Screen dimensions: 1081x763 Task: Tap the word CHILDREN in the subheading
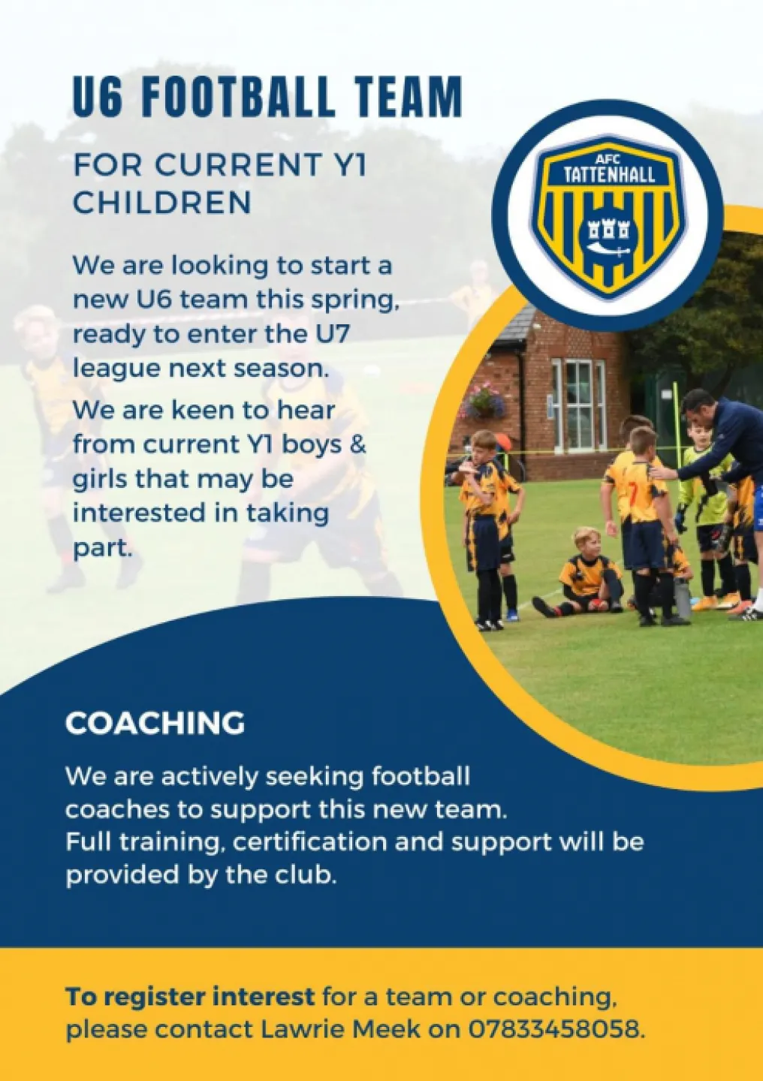(162, 203)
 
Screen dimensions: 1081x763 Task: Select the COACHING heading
(155, 724)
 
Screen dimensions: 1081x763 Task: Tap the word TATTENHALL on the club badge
(609, 176)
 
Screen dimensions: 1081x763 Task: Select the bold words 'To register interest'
(190, 997)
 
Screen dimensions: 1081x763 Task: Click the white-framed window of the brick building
(578, 405)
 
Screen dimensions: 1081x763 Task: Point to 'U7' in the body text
(333, 334)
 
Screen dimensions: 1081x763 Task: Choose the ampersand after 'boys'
(358, 444)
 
